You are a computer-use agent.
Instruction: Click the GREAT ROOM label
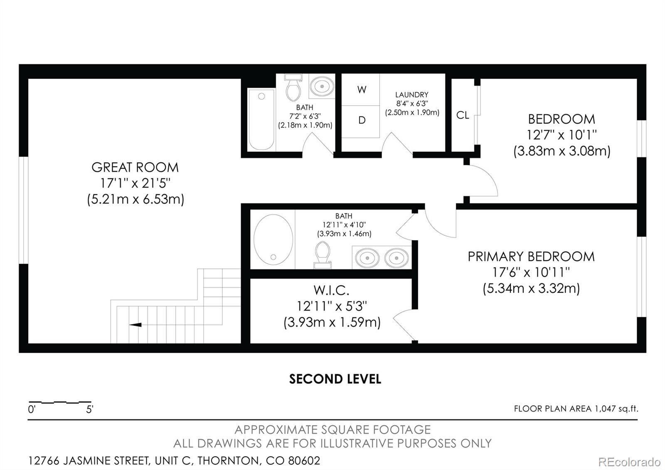[135, 167]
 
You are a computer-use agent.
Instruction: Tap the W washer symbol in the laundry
[361, 90]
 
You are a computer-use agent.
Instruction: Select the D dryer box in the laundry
[361, 121]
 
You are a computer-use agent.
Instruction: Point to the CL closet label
[463, 115]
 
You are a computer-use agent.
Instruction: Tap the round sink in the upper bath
[322, 87]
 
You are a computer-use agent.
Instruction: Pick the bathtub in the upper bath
[261, 120]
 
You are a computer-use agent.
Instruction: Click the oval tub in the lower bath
[273, 239]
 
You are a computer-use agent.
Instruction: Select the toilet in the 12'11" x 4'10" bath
[323, 255]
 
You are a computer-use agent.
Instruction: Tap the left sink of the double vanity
[367, 257]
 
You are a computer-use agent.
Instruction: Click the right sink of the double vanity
[397, 257]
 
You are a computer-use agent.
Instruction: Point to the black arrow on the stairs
[135, 325]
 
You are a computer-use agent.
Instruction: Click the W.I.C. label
[331, 290]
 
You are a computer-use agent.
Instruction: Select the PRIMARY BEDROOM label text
[531, 257]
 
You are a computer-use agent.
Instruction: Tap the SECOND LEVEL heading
[335, 379]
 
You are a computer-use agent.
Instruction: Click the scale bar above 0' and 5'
[60, 402]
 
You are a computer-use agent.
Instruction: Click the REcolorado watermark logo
[629, 462]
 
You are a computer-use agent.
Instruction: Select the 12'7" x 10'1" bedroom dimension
[562, 135]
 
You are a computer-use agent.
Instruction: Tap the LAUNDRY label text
[412, 95]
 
